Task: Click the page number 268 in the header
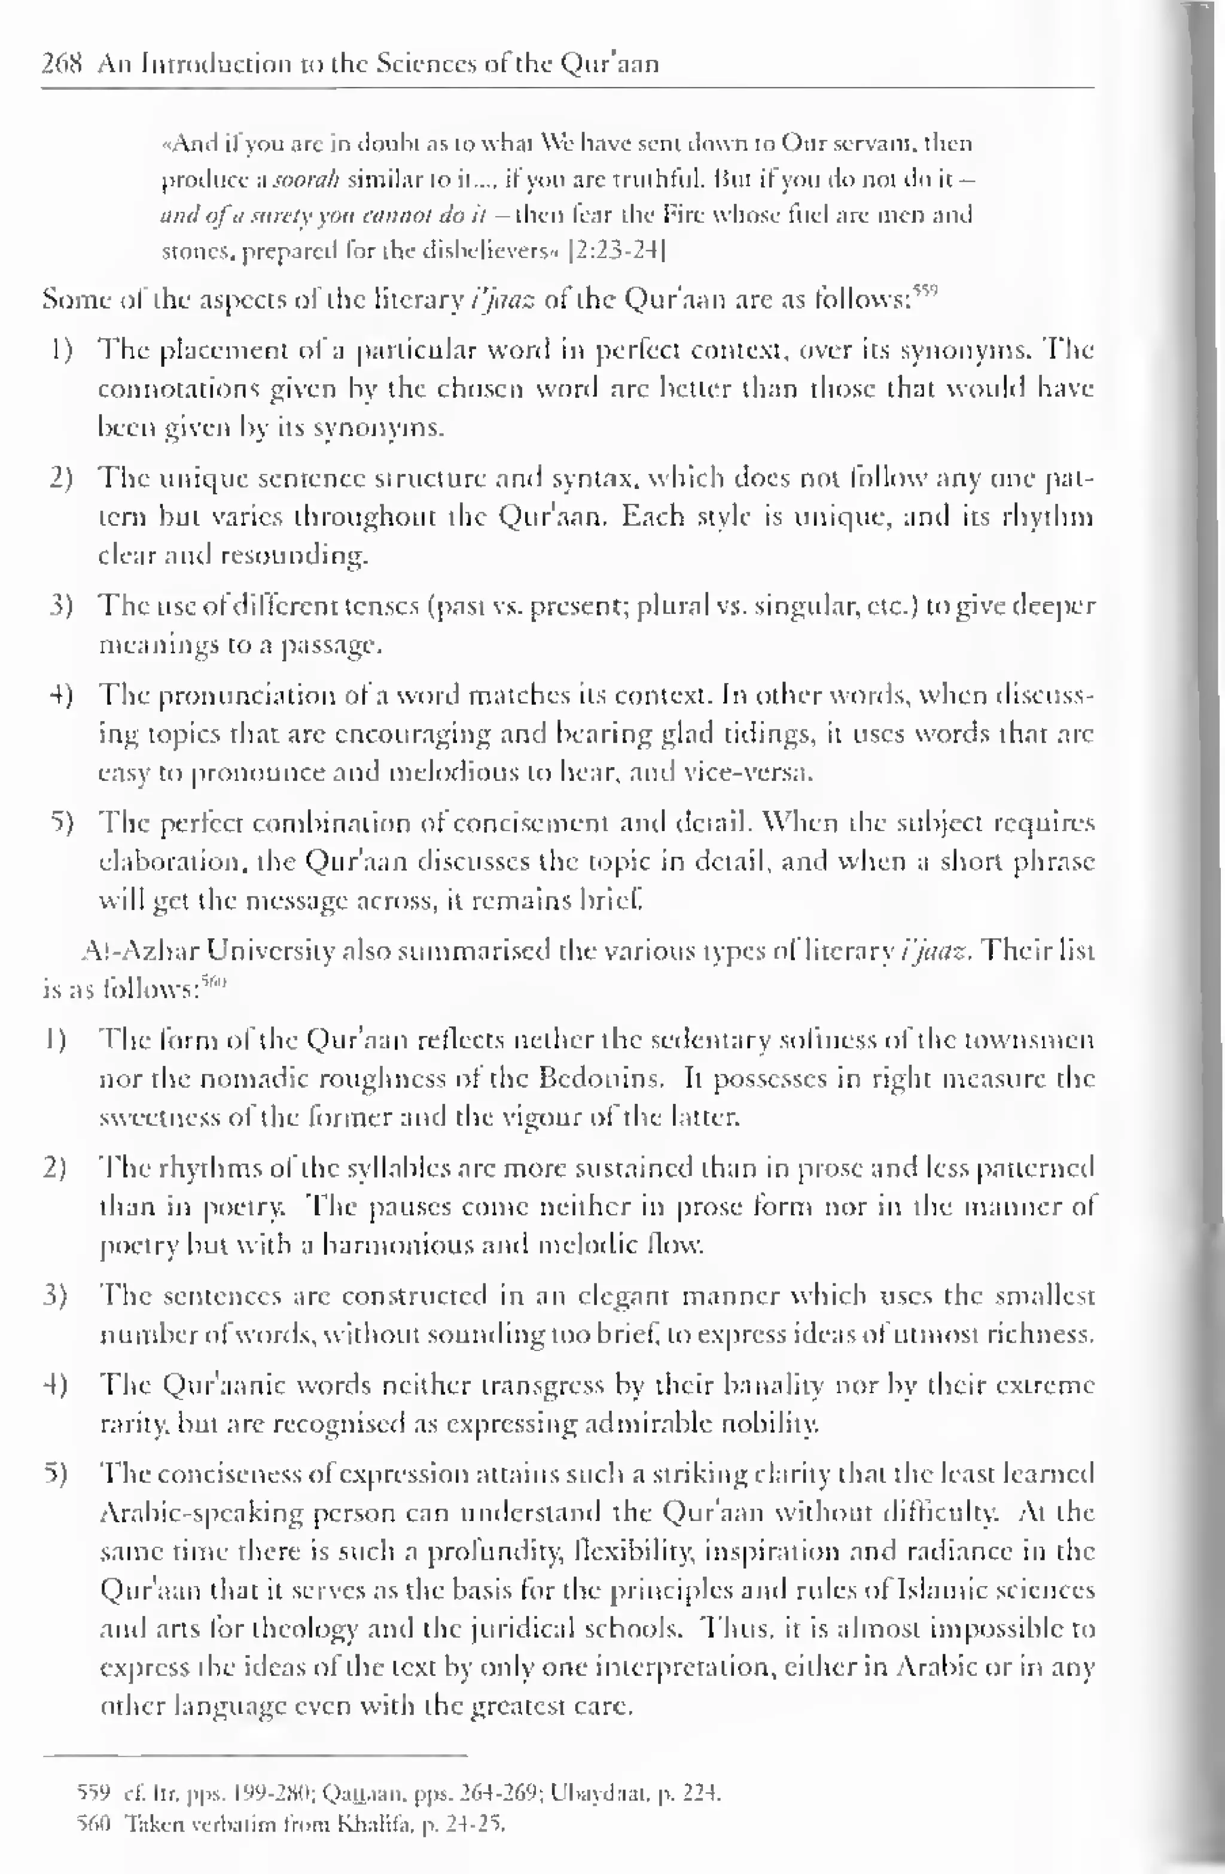point(62,63)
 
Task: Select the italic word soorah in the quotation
point(307,180)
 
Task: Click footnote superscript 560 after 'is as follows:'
point(212,981)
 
